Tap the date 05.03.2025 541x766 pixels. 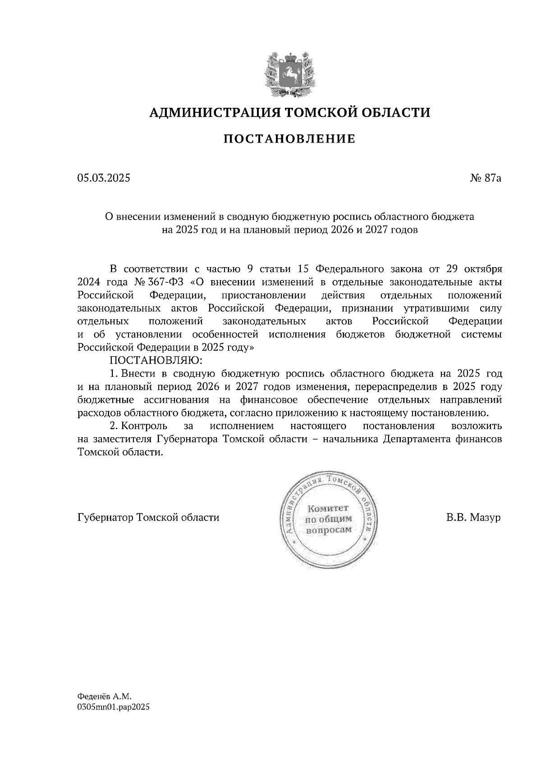point(103,178)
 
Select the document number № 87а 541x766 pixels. point(485,178)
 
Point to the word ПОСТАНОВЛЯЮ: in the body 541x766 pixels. point(156,360)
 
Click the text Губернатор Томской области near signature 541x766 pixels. point(148,517)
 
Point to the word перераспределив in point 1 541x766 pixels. point(397,387)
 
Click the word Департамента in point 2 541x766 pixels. point(416,439)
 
